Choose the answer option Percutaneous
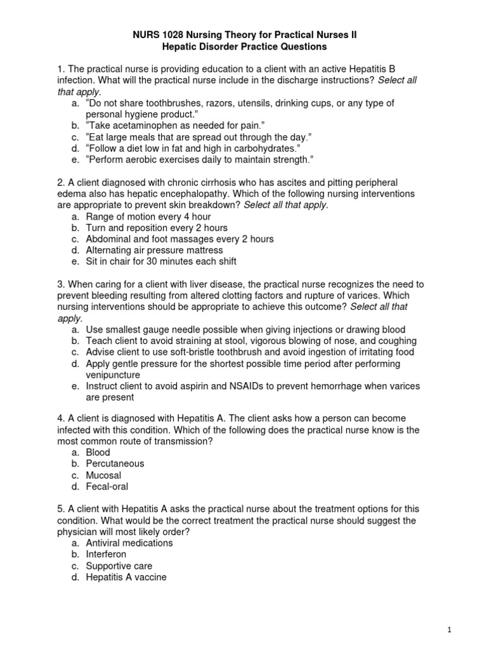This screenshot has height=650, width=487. [115, 463]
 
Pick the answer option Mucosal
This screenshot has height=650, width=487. [103, 475]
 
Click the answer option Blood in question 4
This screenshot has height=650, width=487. [98, 452]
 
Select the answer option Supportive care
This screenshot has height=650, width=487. [119, 566]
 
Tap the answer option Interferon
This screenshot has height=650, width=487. [106, 554]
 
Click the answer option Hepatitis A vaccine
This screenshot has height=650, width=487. [126, 577]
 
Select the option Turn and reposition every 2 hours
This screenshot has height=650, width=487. [157, 227]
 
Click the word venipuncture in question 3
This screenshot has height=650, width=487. [113, 375]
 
